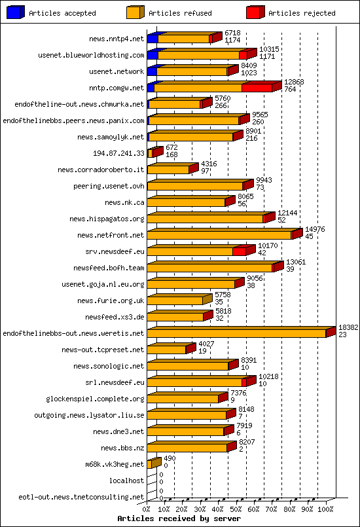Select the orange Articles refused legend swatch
click(x=135, y=12)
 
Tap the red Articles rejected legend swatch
click(x=255, y=12)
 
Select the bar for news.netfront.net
click(x=219, y=235)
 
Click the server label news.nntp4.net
click(x=117, y=39)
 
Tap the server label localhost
click(x=127, y=481)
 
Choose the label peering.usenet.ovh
click(x=109, y=186)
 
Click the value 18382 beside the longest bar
click(x=348, y=327)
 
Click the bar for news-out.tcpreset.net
click(x=167, y=350)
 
